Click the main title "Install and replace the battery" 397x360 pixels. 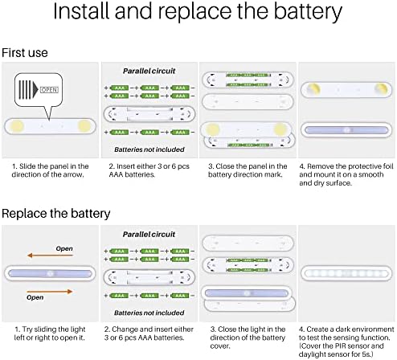[198, 11]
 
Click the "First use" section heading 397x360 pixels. [25, 52]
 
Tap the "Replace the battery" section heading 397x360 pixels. [56, 214]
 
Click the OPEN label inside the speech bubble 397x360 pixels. [49, 90]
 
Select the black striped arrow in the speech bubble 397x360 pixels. [28, 89]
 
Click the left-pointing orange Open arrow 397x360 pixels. [50, 256]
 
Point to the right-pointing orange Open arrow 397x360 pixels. [50, 292]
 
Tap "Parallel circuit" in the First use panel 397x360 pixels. [149, 71]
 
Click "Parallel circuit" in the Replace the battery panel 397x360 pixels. [149, 235]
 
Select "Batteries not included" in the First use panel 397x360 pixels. [149, 149]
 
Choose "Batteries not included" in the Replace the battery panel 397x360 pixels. [149, 313]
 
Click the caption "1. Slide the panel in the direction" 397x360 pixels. [50, 170]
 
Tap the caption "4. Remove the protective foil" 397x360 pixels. [346, 174]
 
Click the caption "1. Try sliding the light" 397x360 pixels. [50, 333]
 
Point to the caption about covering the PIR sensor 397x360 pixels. [342, 350]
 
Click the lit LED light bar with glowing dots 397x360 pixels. [346, 273]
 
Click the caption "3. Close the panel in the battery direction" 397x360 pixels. [248, 170]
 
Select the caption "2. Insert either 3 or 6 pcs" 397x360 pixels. [149, 170]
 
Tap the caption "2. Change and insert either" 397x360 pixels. [149, 333]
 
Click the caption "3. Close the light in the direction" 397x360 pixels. [248, 337]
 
